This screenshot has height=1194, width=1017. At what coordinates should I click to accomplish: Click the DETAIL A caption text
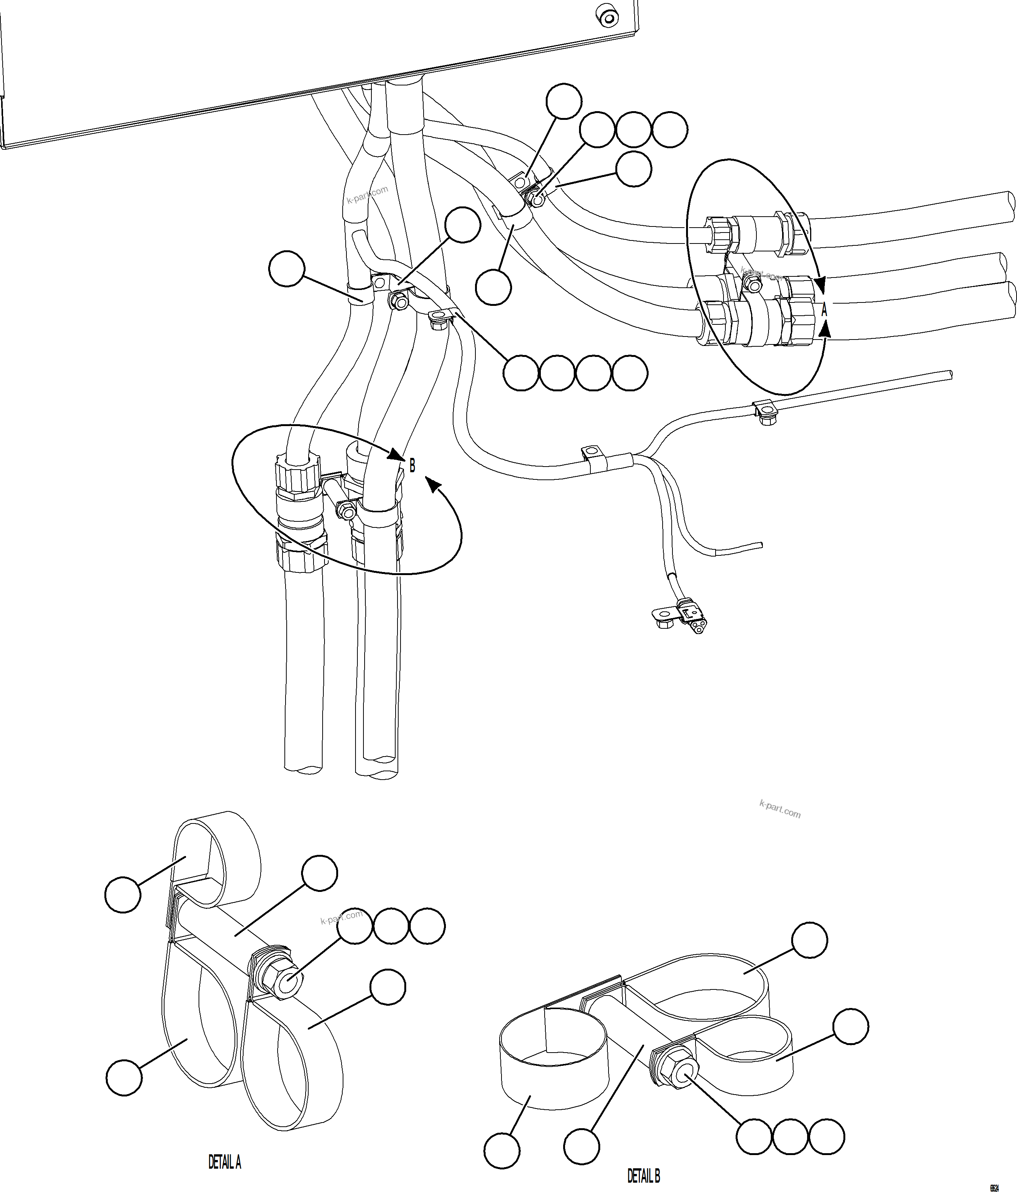[224, 1162]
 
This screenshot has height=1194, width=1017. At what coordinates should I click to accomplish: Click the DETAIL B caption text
[643, 1175]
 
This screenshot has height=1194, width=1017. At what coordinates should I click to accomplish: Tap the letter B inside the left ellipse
[412, 465]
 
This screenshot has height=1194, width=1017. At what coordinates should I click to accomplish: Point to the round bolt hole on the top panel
[608, 19]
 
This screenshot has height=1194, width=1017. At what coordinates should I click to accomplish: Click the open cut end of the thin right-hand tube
[949, 375]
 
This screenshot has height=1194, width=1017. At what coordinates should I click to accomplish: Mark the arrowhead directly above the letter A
[821, 285]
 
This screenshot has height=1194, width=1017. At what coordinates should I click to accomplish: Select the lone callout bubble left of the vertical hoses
[287, 268]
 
